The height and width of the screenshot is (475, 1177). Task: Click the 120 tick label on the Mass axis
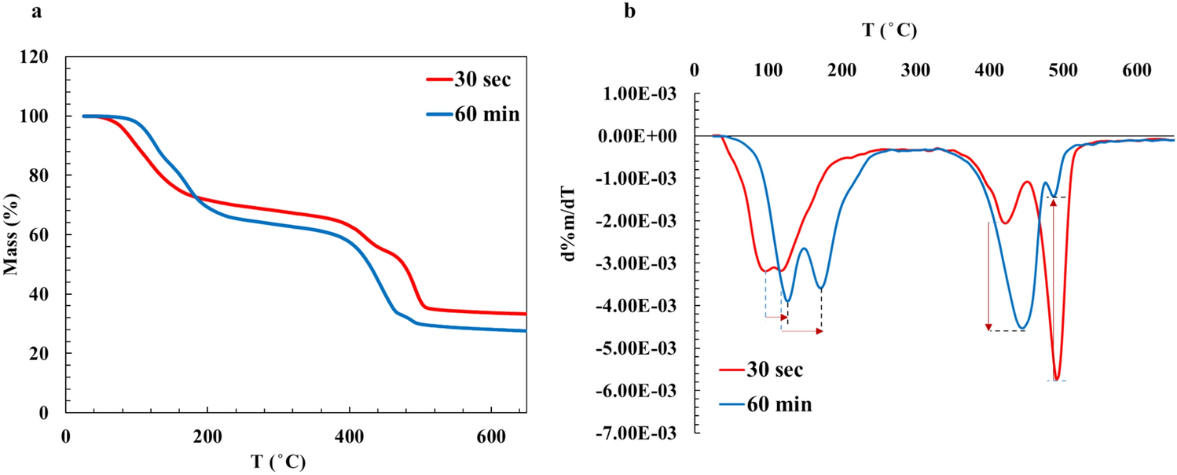point(38,57)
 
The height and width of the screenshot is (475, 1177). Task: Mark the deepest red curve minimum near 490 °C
point(1057,380)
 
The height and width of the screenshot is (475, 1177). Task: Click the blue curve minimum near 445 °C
point(1021,328)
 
